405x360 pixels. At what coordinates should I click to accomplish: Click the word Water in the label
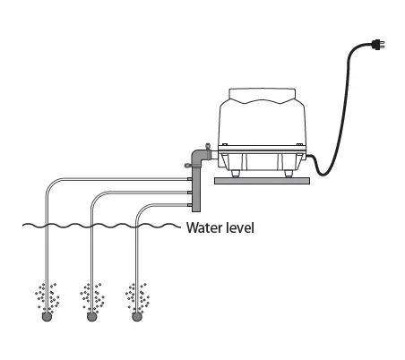point(205,227)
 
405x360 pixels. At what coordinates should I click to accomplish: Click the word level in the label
point(240,227)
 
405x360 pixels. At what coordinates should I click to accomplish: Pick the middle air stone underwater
point(90,316)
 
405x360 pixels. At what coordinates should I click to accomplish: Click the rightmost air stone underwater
point(136,316)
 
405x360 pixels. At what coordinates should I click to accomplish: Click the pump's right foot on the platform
point(290,174)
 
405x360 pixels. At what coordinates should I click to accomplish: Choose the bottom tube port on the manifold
point(187,205)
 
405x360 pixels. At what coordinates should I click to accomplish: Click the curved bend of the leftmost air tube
point(51,184)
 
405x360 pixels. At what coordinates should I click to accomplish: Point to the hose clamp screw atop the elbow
point(205,141)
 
